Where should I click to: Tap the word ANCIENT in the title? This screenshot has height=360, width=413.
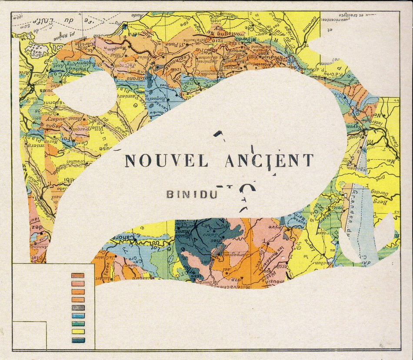(x=269, y=160)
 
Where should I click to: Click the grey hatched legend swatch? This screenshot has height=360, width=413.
(x=78, y=308)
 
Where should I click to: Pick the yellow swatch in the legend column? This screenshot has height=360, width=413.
(x=78, y=332)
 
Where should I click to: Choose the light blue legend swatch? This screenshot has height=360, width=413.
(x=78, y=316)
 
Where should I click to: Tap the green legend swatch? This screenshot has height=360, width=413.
(x=78, y=323)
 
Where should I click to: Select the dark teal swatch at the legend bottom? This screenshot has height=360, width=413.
(x=78, y=340)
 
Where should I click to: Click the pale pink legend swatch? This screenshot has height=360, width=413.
(x=78, y=283)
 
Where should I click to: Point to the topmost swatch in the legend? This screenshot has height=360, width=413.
(x=78, y=276)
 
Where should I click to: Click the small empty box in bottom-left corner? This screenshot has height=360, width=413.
(x=29, y=336)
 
